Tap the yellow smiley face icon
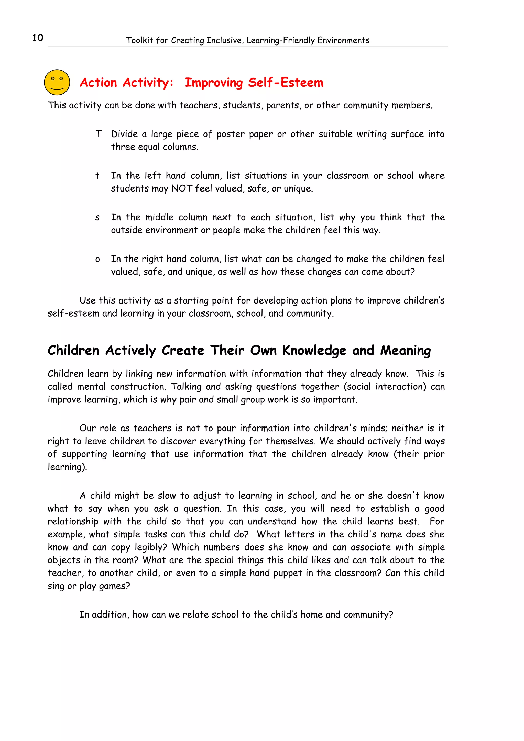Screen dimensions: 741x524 point(57,82)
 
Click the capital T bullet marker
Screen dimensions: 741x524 point(99,134)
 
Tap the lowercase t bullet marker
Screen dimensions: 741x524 point(97,176)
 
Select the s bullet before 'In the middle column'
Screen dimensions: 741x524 point(97,218)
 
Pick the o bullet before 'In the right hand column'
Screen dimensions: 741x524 point(97,259)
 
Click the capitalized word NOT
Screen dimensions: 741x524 point(181,188)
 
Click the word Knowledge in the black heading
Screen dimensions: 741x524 point(314,351)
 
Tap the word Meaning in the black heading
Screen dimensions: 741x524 point(406,351)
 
